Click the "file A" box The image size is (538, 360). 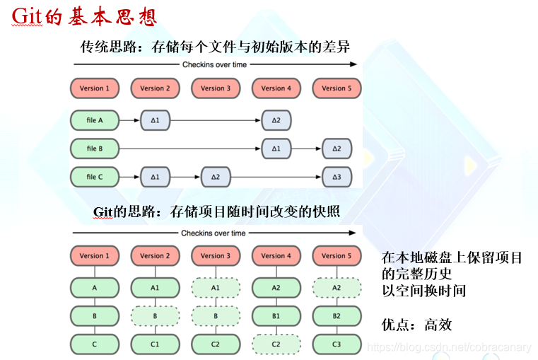click(94, 120)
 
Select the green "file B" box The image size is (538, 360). click(94, 149)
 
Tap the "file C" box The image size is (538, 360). click(94, 177)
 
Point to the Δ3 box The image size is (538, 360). click(337, 177)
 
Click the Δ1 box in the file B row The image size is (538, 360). click(276, 149)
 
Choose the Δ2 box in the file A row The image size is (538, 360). click(276, 120)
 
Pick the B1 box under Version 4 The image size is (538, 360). click(276, 316)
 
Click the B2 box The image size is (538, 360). click(337, 316)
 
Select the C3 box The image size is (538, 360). click(337, 344)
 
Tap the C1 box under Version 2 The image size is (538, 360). click(155, 344)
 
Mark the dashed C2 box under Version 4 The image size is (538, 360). click(276, 344)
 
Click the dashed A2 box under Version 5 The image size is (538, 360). click(337, 288)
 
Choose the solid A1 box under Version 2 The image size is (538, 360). click(155, 288)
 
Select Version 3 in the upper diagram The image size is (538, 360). click(216, 88)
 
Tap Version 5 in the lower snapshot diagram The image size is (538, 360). click(337, 255)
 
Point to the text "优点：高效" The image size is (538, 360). click(416, 325)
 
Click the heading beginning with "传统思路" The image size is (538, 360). click(215, 47)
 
